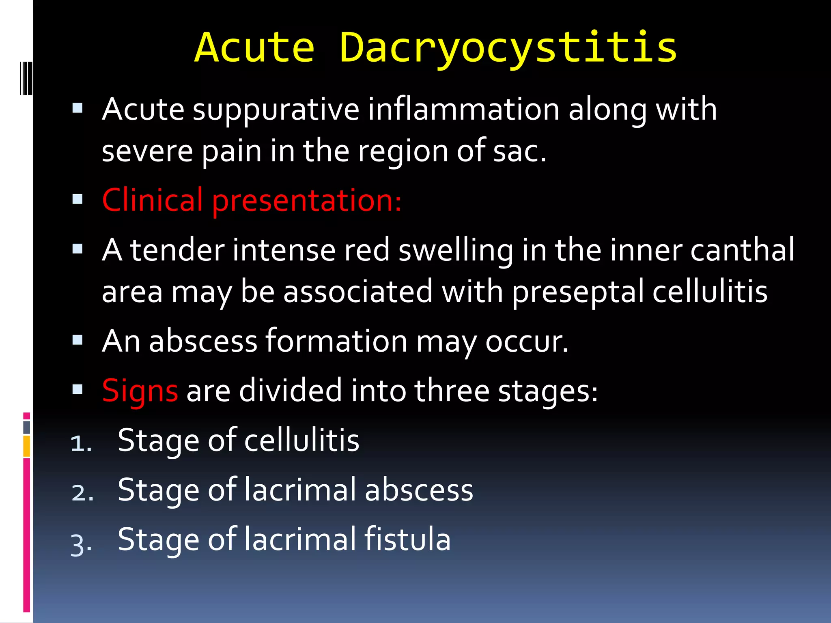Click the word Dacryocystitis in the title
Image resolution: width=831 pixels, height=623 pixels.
tap(508, 49)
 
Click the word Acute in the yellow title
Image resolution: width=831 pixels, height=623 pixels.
tap(255, 49)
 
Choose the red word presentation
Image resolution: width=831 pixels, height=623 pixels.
tap(306, 201)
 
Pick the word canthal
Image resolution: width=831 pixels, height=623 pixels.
tap(742, 250)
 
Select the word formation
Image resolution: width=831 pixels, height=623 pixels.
tap(336, 341)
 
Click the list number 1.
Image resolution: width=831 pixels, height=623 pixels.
tap(80, 443)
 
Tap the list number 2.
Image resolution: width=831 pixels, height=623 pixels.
tap(82, 493)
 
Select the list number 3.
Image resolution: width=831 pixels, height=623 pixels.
tap(81, 544)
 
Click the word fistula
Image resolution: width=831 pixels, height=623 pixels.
tap(407, 539)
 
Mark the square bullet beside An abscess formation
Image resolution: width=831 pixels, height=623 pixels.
tap(78, 339)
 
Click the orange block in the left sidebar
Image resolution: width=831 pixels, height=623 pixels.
tap(26, 446)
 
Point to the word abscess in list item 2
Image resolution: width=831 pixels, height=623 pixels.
tap(419, 490)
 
